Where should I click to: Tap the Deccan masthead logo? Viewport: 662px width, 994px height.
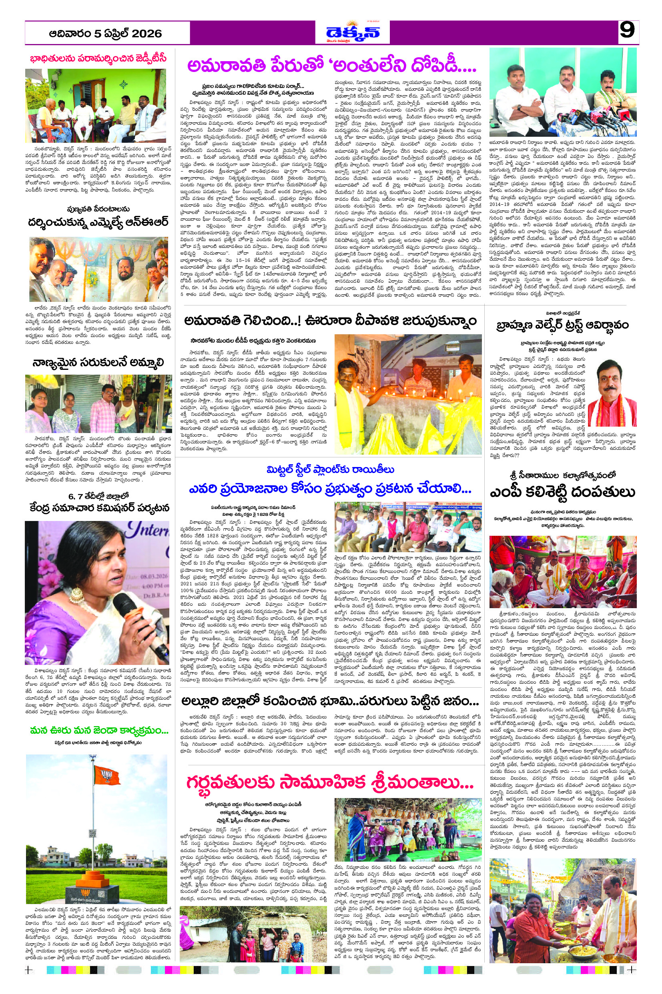tap(352, 32)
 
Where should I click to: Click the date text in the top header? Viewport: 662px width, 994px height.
tap(105, 33)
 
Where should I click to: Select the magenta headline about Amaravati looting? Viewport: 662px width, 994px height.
tap(332, 66)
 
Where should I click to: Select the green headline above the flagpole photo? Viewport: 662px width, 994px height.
tap(99, 731)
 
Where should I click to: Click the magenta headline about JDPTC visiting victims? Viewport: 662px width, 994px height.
tap(98, 58)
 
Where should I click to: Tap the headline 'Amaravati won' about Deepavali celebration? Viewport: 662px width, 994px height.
tap(330, 321)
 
